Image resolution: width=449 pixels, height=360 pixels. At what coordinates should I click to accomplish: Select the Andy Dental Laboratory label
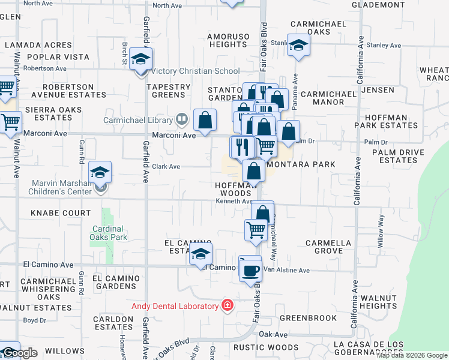(175, 306)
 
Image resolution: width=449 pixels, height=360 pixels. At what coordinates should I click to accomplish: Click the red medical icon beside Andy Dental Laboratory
(227, 306)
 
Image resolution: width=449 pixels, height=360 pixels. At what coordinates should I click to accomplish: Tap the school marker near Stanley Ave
(298, 46)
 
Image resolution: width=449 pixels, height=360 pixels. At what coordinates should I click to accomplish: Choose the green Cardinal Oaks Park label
(107, 233)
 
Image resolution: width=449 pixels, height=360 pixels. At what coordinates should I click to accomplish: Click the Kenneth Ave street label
(234, 202)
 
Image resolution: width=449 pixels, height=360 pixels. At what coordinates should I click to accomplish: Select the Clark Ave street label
(166, 167)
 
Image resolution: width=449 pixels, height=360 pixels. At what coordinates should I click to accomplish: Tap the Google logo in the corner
(19, 352)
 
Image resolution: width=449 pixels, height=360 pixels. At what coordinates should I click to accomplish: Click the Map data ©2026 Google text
(412, 355)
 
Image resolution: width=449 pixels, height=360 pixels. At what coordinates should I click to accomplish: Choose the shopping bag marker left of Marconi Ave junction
(205, 120)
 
